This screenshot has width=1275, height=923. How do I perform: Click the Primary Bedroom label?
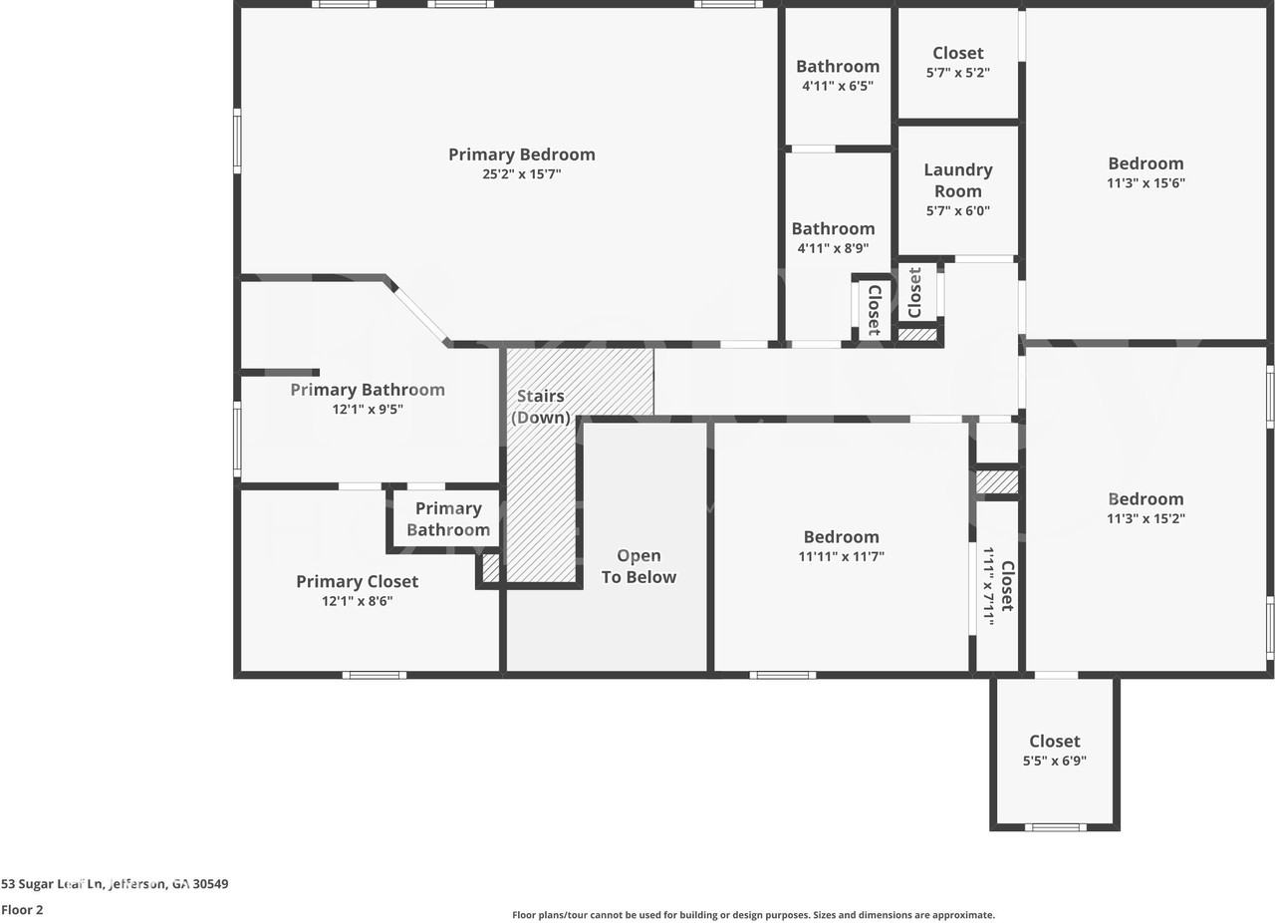[x=521, y=154]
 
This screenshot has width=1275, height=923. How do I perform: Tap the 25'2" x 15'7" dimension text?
[x=521, y=174]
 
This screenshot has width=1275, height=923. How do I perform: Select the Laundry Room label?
[x=957, y=180]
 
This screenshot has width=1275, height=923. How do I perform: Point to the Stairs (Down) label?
[x=541, y=407]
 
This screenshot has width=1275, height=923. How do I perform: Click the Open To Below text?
[x=638, y=566]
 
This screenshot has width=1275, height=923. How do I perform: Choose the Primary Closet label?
[x=357, y=581]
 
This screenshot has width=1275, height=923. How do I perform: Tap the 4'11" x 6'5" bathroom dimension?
[x=837, y=87]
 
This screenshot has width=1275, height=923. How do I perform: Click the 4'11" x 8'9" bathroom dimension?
[x=833, y=249]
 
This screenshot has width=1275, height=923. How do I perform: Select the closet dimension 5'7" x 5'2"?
[x=957, y=73]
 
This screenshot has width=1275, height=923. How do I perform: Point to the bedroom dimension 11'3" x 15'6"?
[x=1146, y=183]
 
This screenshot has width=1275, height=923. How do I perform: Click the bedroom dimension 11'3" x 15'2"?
[x=1146, y=518]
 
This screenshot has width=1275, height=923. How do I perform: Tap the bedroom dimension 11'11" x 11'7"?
[x=841, y=557]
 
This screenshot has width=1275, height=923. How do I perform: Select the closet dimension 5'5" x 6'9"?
[x=1054, y=761]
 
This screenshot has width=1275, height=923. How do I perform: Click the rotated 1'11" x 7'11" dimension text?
[x=989, y=585]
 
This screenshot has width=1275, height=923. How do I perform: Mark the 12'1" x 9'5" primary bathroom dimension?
[x=368, y=410]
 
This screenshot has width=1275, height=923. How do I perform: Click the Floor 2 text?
[x=22, y=910]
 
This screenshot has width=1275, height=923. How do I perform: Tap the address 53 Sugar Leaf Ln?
[x=115, y=884]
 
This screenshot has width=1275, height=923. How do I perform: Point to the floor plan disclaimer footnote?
[x=753, y=915]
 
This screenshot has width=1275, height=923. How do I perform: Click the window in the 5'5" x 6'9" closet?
[x=1055, y=826]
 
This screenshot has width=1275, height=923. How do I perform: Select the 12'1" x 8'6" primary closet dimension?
[x=357, y=601]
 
